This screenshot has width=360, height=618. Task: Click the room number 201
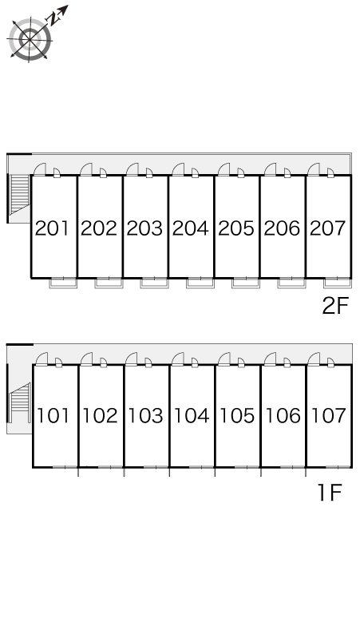pos(52,228)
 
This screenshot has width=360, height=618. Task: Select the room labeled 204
pos(191,228)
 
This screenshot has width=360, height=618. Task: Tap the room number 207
pos(328,228)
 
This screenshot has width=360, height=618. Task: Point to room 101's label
pos(53,415)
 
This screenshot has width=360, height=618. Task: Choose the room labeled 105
pos(237,415)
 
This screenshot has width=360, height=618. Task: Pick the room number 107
pos(329,415)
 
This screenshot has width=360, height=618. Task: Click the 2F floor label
pos(335,306)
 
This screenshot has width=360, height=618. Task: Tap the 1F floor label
pos(330,493)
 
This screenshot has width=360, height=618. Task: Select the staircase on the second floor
pos(20,194)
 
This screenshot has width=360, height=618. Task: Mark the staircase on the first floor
pos(20,402)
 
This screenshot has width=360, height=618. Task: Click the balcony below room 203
pos(154,283)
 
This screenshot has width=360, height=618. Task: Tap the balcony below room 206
pos(291,283)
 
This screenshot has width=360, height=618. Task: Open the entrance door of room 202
pos(86,169)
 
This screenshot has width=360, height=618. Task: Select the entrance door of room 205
pos(224,169)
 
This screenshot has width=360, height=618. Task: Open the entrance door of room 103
pos(132,359)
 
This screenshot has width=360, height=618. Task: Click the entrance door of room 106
pos(270,359)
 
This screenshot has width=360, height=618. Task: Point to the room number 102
pos(100,415)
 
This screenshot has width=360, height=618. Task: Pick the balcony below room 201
pos(63,283)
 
